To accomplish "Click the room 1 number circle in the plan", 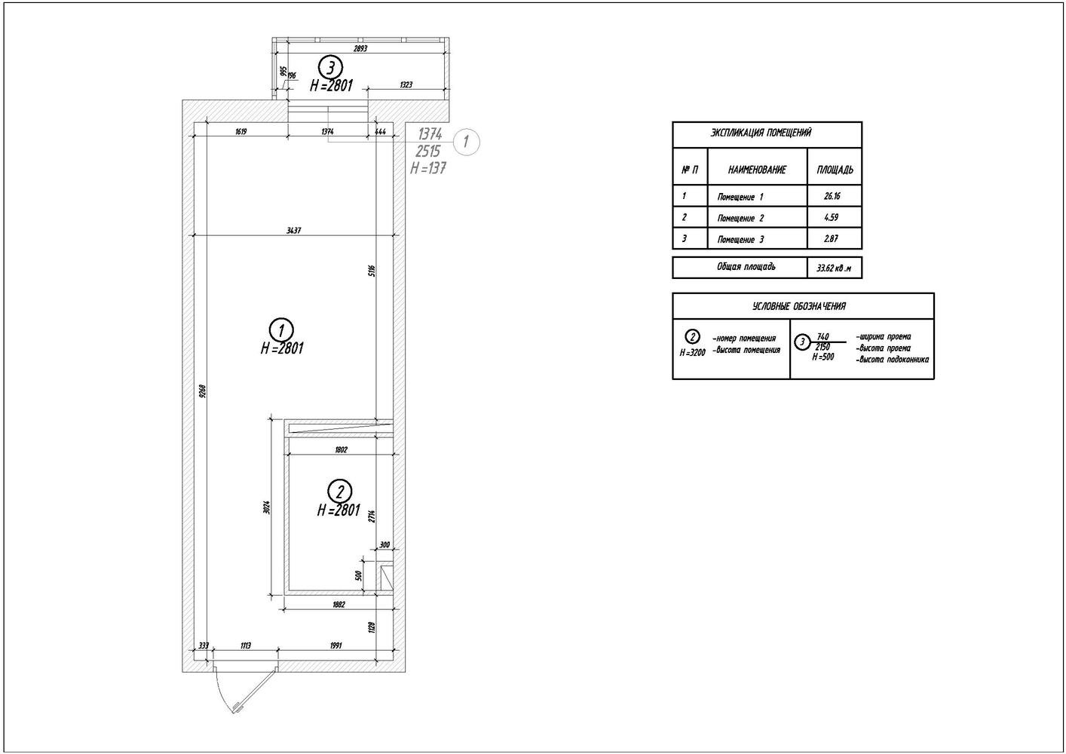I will [x=281, y=329].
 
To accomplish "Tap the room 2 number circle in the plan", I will [x=340, y=492].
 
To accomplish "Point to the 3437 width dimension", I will [x=294, y=231].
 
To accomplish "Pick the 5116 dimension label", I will [x=372, y=271].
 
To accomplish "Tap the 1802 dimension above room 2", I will [x=340, y=449].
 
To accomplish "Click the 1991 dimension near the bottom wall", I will [x=335, y=645].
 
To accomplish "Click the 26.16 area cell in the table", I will [x=832, y=196].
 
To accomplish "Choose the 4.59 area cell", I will [x=832, y=217].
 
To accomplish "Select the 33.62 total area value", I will [x=834, y=268].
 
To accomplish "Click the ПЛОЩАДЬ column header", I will [x=835, y=170].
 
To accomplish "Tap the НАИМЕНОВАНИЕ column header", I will [x=757, y=170].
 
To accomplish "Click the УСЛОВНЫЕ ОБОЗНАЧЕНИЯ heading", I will [x=799, y=306].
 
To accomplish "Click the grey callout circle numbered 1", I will [x=467, y=141].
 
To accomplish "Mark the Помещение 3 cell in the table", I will [x=740, y=240].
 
